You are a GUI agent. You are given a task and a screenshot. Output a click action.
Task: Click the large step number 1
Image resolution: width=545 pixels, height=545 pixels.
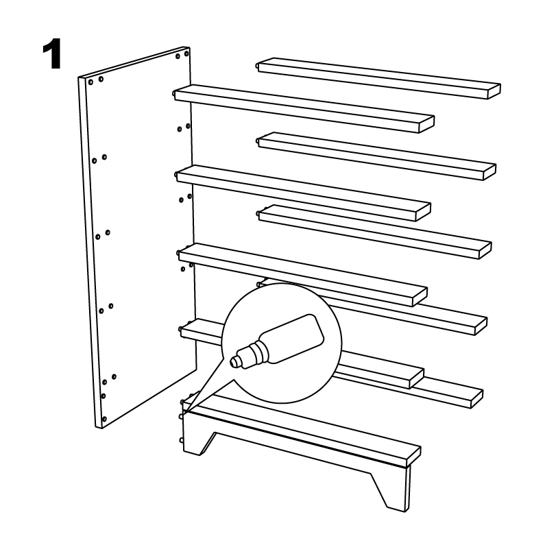(53, 53)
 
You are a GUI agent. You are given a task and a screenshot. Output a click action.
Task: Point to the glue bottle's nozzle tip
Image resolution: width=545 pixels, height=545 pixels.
(234, 361)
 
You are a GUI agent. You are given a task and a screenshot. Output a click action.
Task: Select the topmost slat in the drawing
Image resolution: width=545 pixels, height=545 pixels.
(379, 78)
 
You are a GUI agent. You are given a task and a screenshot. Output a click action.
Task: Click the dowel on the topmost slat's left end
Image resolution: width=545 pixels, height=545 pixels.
(257, 65)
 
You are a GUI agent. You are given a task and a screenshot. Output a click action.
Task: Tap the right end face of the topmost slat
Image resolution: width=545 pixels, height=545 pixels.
(494, 91)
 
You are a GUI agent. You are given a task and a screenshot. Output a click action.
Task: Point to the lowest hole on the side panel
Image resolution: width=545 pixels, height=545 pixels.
(105, 419)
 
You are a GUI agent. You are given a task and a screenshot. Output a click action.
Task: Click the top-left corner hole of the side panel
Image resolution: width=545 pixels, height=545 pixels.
(90, 82)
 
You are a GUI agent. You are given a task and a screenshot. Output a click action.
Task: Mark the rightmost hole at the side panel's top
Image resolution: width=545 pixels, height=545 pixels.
(186, 53)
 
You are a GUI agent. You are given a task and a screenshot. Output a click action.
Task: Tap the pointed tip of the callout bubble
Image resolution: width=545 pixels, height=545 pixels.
(184, 413)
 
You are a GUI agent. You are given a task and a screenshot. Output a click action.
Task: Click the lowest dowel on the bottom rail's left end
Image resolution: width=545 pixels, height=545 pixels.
(181, 440)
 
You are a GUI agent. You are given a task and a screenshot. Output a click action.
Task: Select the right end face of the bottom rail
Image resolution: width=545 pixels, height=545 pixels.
(413, 457)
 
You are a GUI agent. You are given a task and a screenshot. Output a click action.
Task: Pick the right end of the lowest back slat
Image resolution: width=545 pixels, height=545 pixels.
(477, 399)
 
